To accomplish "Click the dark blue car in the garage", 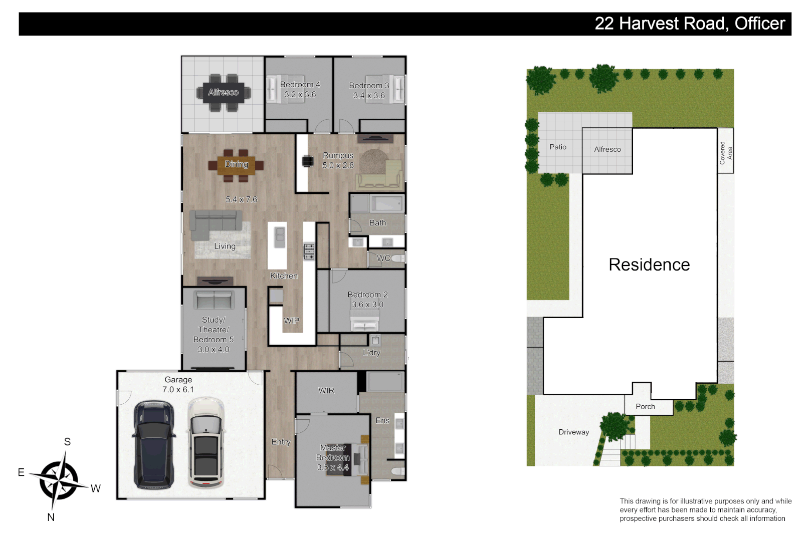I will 154,444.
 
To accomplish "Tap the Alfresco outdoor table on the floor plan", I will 223,93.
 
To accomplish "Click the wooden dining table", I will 236,165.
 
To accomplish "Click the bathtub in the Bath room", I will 386,203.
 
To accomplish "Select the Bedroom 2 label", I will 367,295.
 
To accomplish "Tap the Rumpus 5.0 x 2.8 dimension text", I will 338,165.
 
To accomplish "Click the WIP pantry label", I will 291,321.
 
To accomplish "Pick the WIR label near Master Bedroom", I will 326,391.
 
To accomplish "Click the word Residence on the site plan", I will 649,265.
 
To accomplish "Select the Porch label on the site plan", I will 645,407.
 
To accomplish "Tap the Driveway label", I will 573,432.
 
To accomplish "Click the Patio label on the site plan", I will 557,147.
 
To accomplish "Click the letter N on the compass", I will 51,517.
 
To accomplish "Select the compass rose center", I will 59,480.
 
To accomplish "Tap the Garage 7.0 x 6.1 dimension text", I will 178,390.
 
